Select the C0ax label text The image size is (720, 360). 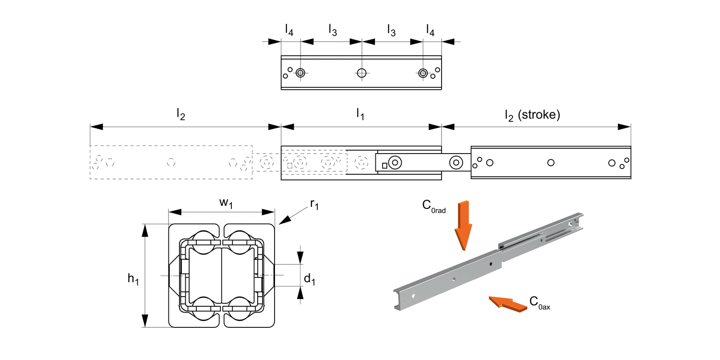(540, 302)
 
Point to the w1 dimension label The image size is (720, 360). (226, 204)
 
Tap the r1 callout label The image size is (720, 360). (314, 204)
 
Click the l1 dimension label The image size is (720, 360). (360, 115)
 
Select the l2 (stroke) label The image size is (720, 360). (532, 115)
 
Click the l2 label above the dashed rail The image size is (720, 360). (181, 115)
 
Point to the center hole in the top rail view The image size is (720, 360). (361, 73)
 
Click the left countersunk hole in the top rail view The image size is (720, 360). (300, 73)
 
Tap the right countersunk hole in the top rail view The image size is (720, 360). (423, 73)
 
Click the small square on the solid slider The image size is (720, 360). (384, 166)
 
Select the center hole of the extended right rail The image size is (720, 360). (551, 163)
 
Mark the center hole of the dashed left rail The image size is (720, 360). (171, 162)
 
